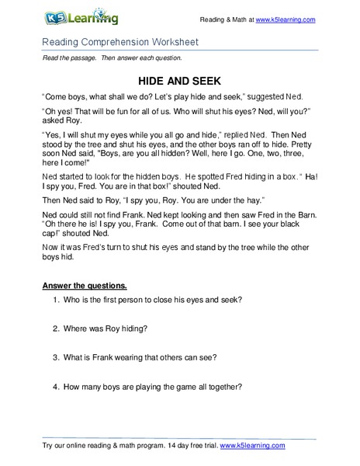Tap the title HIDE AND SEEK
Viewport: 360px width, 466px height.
click(x=180, y=80)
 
